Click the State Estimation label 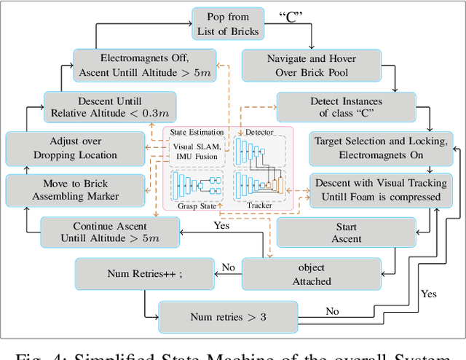click(x=194, y=132)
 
